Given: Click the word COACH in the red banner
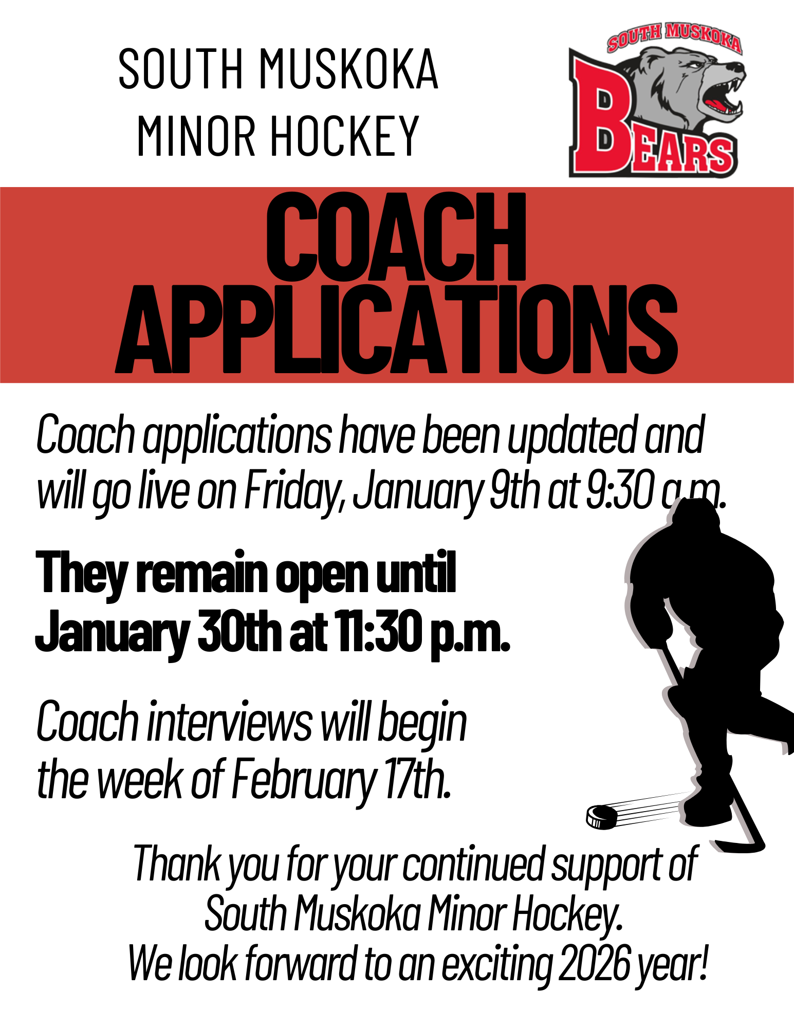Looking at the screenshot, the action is (x=396, y=237).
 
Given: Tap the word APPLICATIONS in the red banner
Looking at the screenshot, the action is (x=396, y=328).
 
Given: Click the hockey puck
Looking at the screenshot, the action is (x=602, y=816).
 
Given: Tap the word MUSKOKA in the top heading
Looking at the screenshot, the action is (x=349, y=69).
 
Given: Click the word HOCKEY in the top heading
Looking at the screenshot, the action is (x=345, y=136).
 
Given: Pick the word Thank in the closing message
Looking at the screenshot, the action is (x=177, y=864).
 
